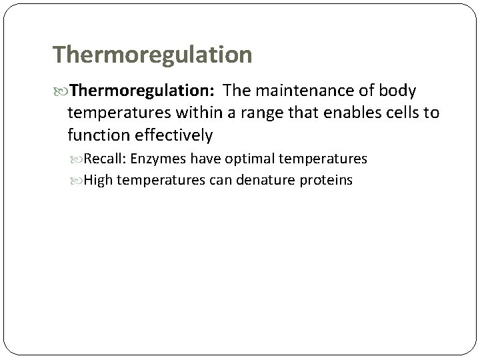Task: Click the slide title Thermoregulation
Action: (152, 55)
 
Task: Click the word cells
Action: (399, 113)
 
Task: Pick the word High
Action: (99, 180)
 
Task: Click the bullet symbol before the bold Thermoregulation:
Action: (61, 90)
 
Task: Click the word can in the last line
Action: (203, 180)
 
